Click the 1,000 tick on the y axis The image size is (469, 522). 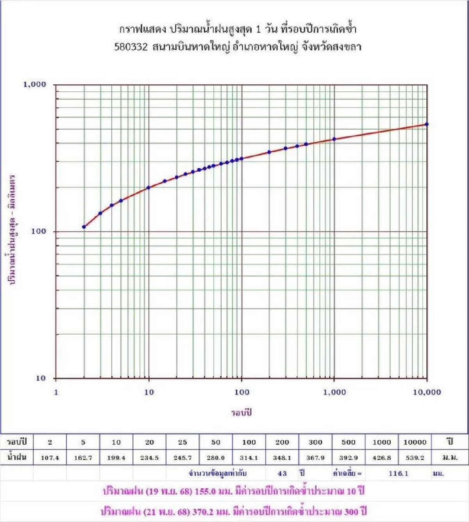[x=34, y=84]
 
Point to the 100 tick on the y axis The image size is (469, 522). [x=38, y=231]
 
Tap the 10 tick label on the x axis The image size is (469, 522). [x=149, y=392]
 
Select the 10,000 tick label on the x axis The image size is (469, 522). [x=427, y=392]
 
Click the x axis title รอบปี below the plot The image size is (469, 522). [x=241, y=412]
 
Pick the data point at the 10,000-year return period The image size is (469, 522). [x=427, y=125]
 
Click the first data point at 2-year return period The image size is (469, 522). [x=84, y=227]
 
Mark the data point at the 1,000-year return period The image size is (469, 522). [x=334, y=139]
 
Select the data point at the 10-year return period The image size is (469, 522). [x=149, y=188]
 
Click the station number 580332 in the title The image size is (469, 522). [x=131, y=47]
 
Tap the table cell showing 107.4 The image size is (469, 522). [x=50, y=458]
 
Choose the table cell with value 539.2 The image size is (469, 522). [x=415, y=458]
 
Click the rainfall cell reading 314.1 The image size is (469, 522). [x=249, y=458]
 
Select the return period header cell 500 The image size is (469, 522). [x=348, y=442]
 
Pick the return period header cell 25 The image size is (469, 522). [x=183, y=442]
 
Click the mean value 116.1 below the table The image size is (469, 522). [x=398, y=474]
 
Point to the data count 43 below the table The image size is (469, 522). [x=282, y=474]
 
